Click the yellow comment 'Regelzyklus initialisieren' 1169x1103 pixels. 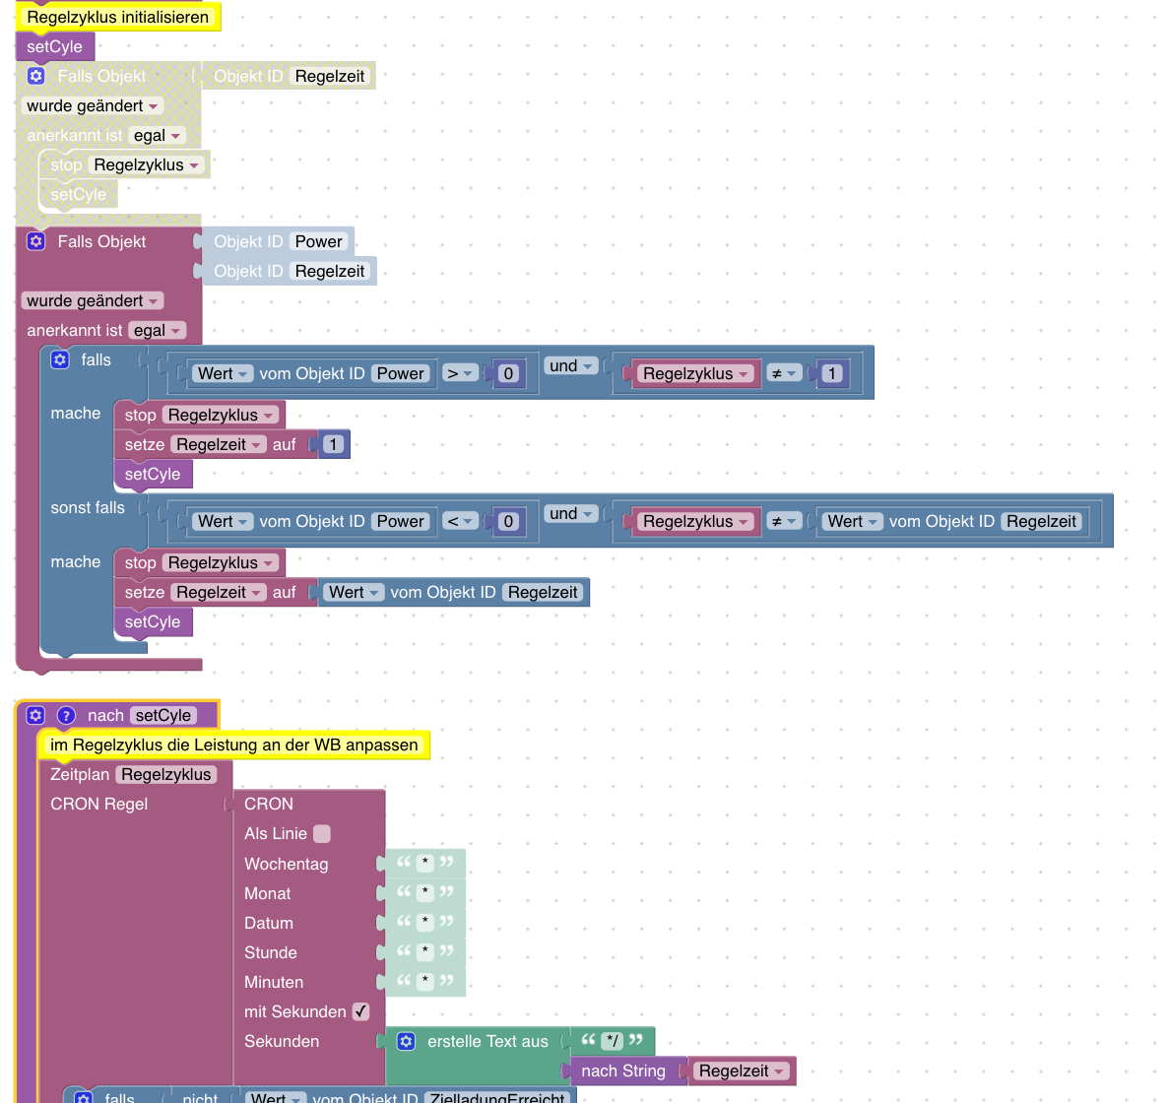click(x=117, y=17)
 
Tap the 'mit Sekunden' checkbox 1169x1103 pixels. click(x=361, y=1011)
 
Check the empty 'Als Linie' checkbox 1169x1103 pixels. click(x=322, y=834)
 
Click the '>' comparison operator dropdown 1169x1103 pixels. click(x=460, y=373)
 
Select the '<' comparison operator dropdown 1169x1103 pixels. click(x=460, y=521)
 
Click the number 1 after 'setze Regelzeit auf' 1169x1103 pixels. click(x=333, y=444)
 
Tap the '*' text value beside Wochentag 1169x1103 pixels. click(x=425, y=864)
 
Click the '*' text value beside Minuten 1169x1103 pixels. click(x=425, y=982)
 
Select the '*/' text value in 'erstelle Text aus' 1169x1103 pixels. click(x=612, y=1041)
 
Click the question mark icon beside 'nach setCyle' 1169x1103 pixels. click(x=66, y=716)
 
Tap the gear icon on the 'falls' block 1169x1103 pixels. click(x=60, y=360)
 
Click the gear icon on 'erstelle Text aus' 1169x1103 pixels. click(x=406, y=1041)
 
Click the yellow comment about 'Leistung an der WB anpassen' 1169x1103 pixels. click(x=233, y=746)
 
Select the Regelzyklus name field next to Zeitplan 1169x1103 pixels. click(x=166, y=775)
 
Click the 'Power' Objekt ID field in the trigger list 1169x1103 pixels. click(x=318, y=241)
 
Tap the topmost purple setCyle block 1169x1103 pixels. click(x=55, y=46)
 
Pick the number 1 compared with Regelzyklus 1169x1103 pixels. click(x=831, y=373)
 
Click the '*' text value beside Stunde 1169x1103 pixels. click(x=425, y=952)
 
